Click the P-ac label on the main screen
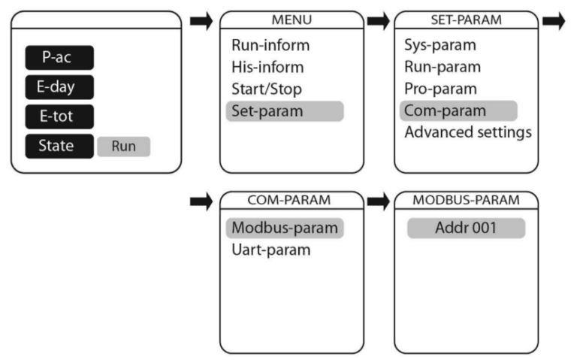coord(59,58)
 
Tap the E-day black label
coord(59,87)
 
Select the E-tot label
coord(59,116)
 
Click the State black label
coord(59,146)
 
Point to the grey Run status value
coord(123,147)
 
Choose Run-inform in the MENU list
coord(270,45)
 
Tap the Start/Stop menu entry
coord(267,89)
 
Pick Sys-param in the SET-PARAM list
coord(439,45)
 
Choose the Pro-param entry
coord(439,89)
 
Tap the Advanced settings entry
coord(467,132)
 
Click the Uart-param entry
coord(270,250)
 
